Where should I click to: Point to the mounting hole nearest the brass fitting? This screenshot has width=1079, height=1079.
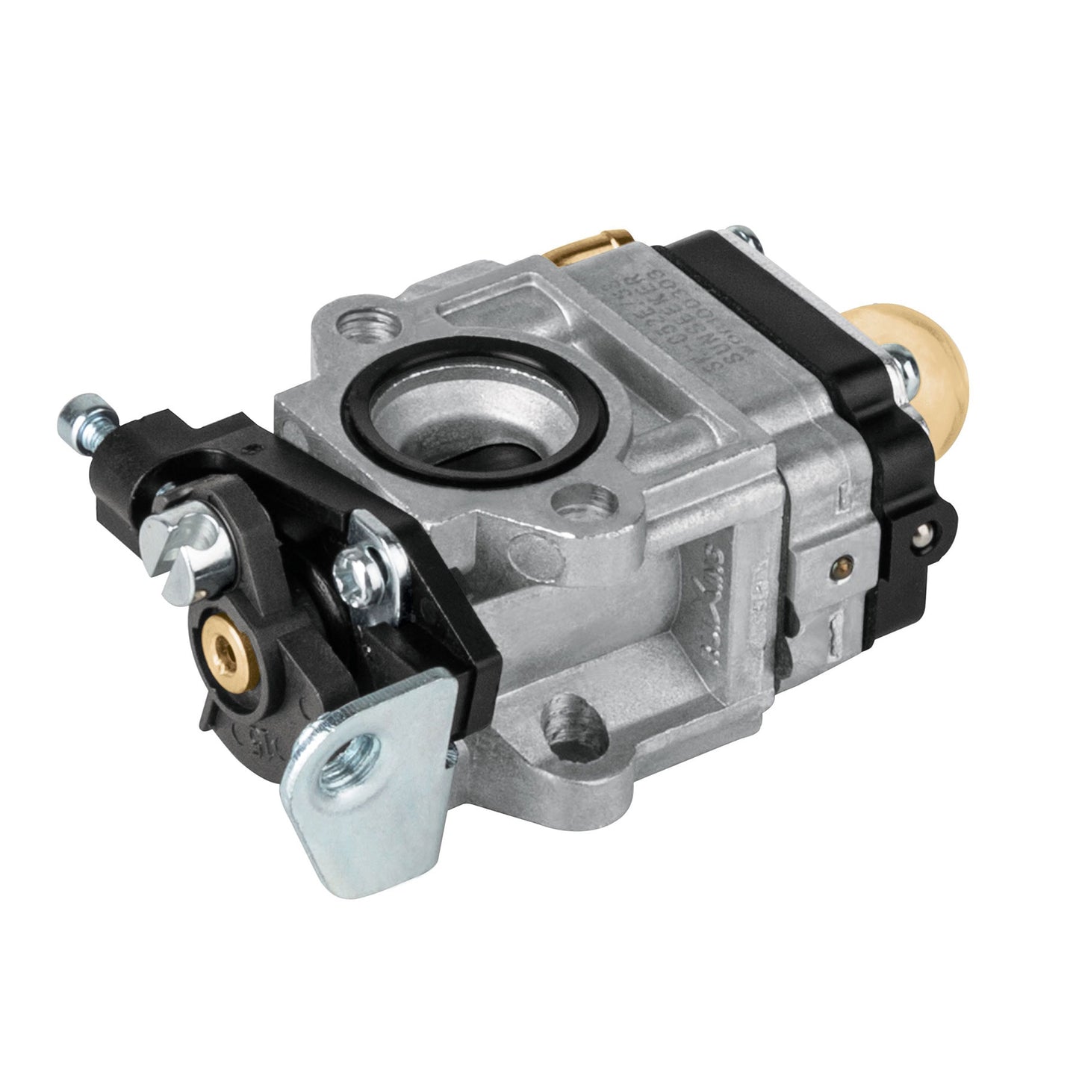366,323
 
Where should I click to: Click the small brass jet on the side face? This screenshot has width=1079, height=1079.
843,562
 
